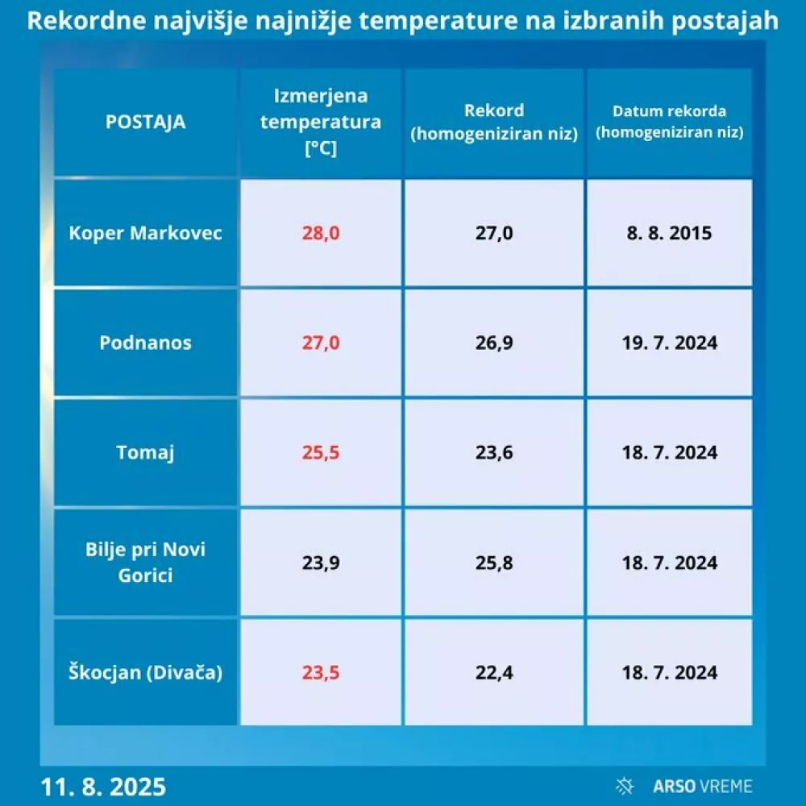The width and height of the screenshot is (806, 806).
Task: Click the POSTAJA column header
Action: pos(145,123)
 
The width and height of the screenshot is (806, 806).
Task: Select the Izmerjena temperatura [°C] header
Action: pos(321,123)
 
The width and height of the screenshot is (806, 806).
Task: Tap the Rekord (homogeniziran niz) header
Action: pos(494,123)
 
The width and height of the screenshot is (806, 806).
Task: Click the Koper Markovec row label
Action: pos(145,234)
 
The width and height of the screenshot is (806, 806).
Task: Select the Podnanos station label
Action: pos(145,343)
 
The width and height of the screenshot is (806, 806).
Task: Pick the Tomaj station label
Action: pos(145,452)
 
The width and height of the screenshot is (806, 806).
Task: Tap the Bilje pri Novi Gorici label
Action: pos(145,563)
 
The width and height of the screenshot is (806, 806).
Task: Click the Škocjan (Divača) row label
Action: pos(145,671)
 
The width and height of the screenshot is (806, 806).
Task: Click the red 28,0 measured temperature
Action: pos(321,234)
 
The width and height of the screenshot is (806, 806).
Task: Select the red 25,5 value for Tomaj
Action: pos(321,452)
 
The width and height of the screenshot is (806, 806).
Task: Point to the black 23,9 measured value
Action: pos(321,563)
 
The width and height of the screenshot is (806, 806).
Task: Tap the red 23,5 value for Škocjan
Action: pos(321,671)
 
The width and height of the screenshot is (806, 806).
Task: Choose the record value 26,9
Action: pos(494,343)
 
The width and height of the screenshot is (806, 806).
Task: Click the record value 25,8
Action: pos(494,563)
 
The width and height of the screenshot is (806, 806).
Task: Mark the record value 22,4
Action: pos(494,671)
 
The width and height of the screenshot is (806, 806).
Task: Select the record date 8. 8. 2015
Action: pos(669,234)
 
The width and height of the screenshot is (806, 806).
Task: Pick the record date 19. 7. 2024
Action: pos(669,343)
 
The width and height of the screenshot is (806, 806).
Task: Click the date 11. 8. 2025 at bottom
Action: pos(103,786)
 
